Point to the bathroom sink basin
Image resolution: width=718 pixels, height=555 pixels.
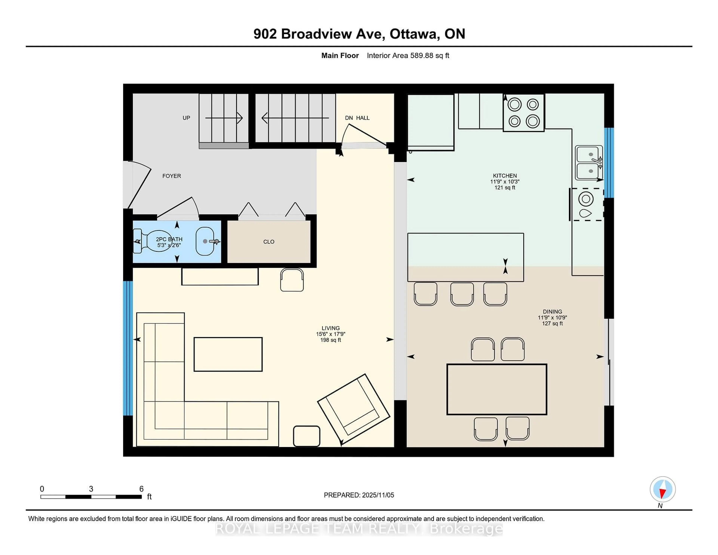[x=205, y=241]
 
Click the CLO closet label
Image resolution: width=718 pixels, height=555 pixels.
[x=269, y=242]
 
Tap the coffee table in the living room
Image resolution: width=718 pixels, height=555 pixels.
[x=228, y=354]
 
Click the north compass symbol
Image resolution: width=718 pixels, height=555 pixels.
[x=662, y=489]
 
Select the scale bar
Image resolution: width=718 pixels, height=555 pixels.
[x=91, y=496]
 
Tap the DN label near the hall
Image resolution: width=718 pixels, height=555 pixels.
[x=349, y=118]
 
